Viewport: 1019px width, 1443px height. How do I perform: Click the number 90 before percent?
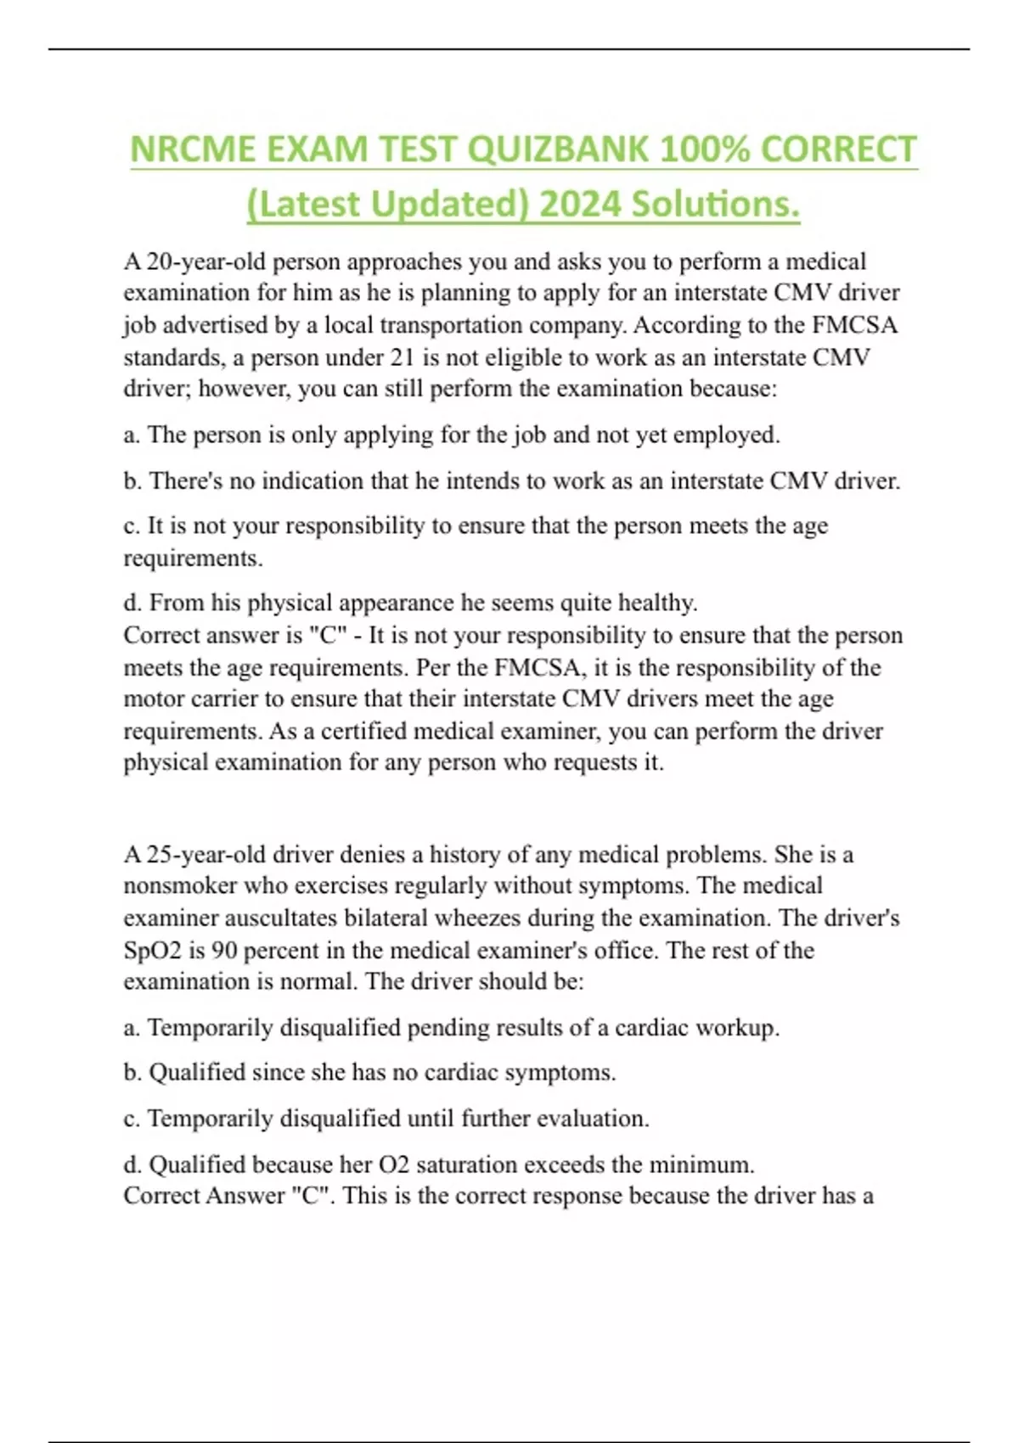point(224,950)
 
